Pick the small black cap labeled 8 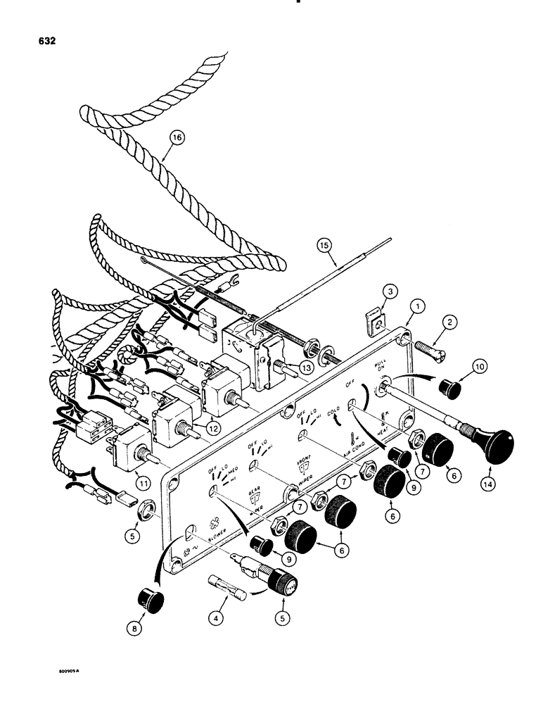click(150, 601)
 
